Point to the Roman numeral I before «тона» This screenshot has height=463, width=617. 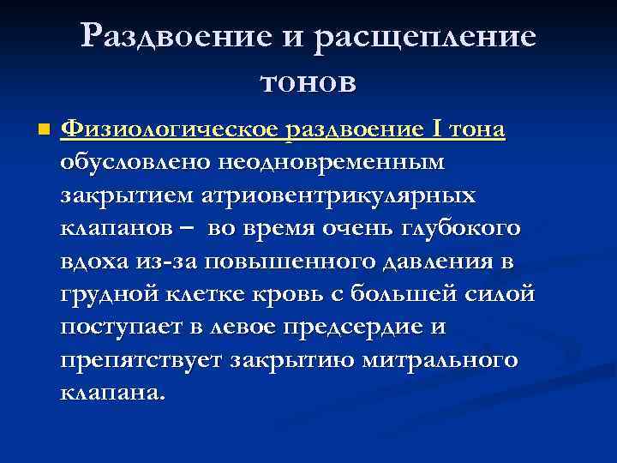[439, 130]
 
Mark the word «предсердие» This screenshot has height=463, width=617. [365, 327]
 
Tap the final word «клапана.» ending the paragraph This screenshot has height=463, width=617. [111, 393]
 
